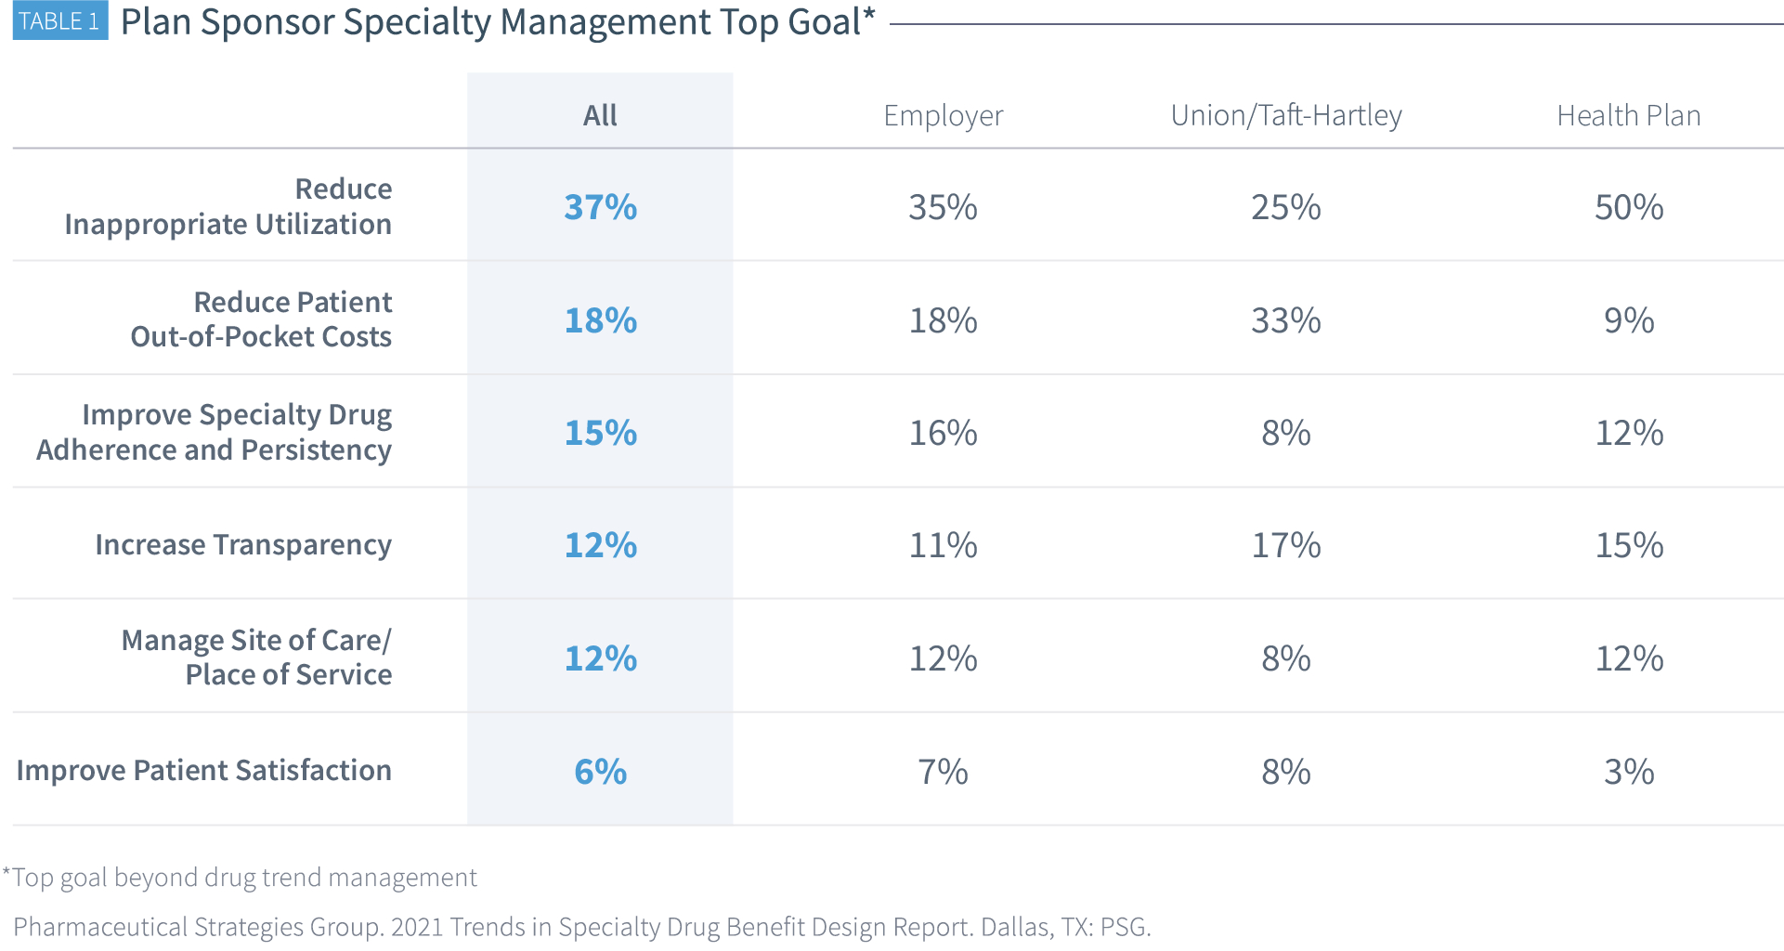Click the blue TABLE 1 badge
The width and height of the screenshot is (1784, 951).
click(x=59, y=21)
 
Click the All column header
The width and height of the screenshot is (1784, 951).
click(x=600, y=115)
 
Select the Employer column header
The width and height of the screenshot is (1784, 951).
click(x=943, y=115)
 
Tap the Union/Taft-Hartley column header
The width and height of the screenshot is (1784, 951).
click(x=1285, y=115)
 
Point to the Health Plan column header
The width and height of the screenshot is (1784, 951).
click(x=1628, y=115)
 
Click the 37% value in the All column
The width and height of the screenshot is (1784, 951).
click(x=600, y=207)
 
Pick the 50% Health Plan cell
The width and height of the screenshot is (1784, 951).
click(x=1628, y=207)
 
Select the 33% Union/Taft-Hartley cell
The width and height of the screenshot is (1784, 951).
click(x=1285, y=320)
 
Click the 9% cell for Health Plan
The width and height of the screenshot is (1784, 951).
click(x=1628, y=320)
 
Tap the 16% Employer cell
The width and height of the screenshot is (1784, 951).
click(x=943, y=433)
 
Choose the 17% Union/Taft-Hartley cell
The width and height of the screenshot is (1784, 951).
click(x=1285, y=545)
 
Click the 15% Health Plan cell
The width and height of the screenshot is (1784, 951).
click(x=1628, y=545)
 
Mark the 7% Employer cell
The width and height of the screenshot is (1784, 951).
click(x=943, y=772)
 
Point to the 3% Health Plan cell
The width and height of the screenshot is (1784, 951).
click(x=1628, y=772)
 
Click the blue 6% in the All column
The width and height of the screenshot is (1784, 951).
click(x=600, y=772)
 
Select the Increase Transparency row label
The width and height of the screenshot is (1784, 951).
click(x=243, y=545)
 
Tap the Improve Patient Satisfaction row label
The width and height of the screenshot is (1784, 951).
click(x=204, y=771)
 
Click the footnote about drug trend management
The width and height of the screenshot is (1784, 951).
click(x=241, y=878)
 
